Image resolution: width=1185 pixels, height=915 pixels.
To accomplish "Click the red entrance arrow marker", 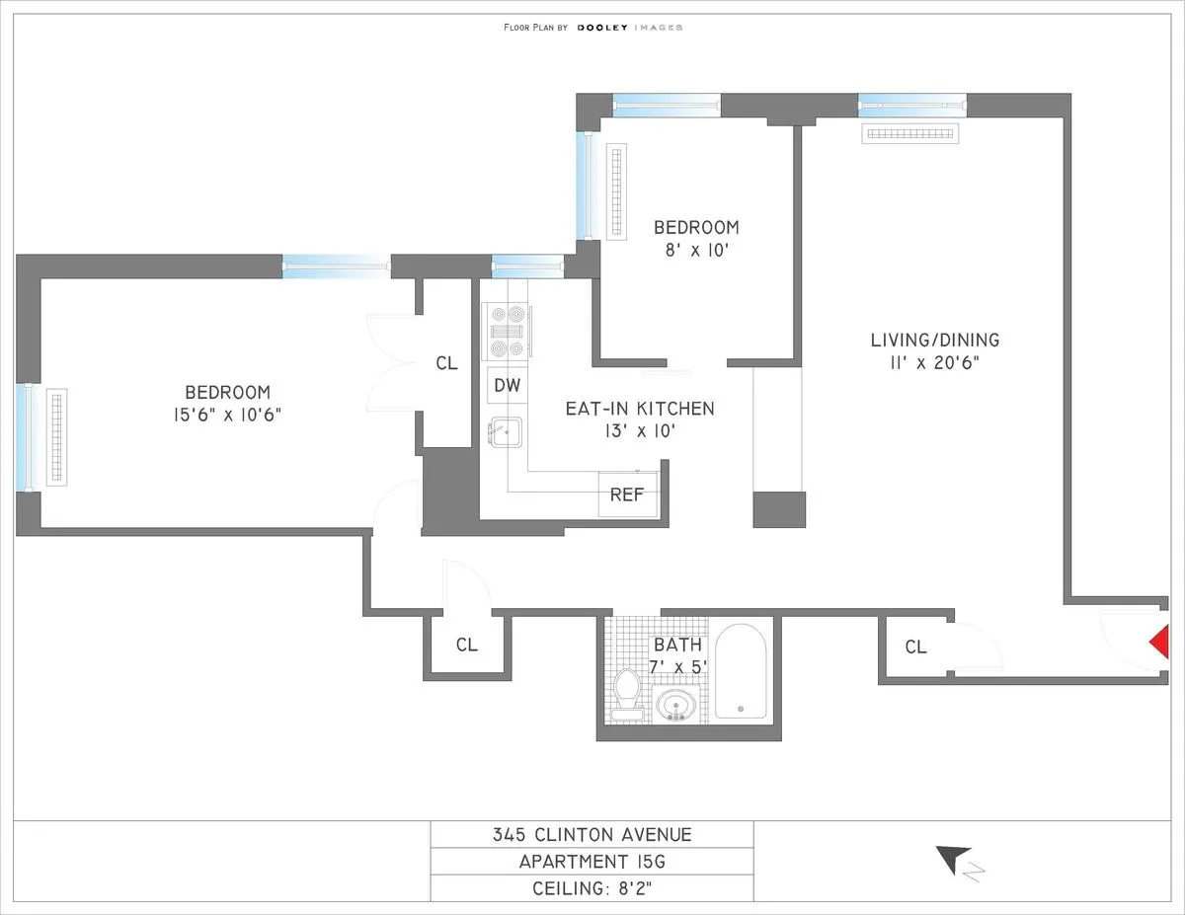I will coord(1160,644).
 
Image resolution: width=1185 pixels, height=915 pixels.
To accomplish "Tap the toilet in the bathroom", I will coord(626,690).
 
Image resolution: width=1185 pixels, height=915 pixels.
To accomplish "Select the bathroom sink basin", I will coord(676,705).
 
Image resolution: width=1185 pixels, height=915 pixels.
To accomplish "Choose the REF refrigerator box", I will coord(627,495).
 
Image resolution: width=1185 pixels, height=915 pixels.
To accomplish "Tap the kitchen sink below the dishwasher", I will coord(507,434).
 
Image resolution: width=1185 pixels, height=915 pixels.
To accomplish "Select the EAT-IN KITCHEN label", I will coord(639,409).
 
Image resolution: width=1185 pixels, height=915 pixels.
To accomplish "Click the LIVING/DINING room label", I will coord(934,341).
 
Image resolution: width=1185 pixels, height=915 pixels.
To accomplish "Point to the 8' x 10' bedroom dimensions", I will coord(695,250).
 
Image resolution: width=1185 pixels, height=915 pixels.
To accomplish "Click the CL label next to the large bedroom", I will coord(446,363).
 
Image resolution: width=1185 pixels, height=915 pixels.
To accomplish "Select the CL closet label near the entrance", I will coord(915,648).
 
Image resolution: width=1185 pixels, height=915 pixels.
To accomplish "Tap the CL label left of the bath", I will coord(466,646).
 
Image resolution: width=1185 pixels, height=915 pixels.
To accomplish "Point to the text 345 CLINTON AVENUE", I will coord(592,835).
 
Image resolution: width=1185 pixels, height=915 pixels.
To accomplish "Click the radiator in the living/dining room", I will coord(909,133).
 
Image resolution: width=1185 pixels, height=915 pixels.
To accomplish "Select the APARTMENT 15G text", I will coord(592,862).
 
